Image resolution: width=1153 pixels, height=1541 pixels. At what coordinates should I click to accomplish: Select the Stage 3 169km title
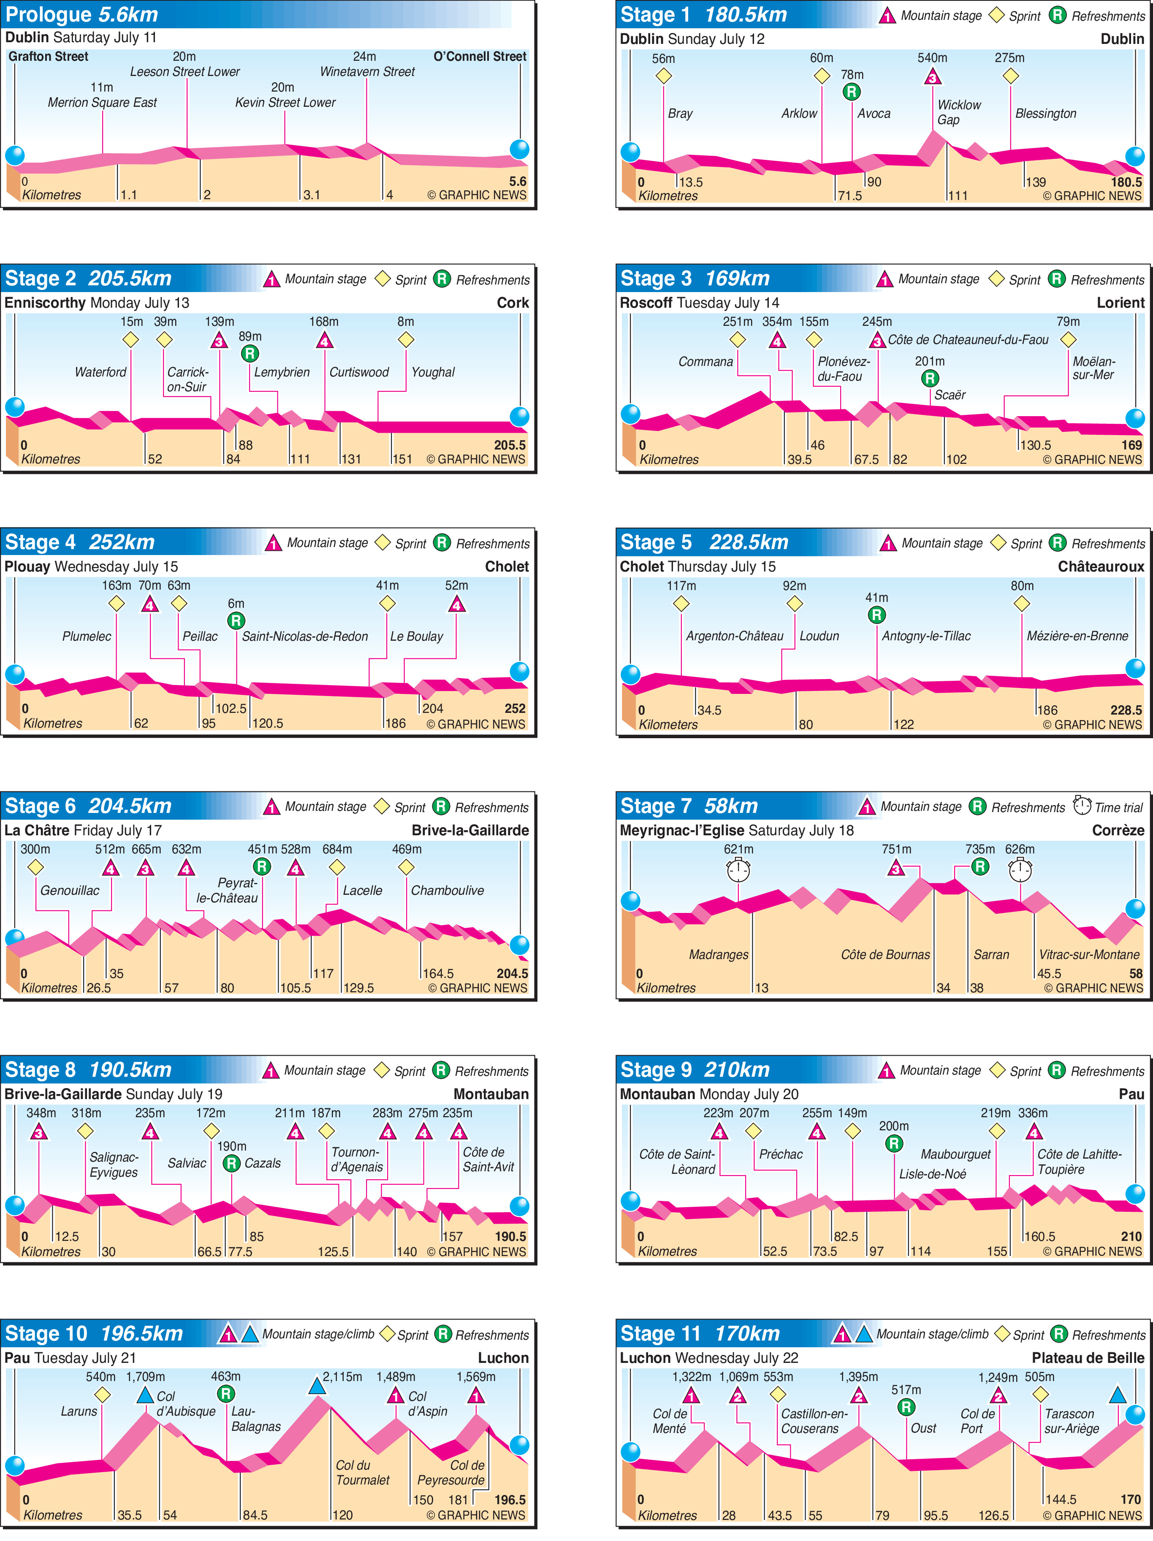(x=695, y=279)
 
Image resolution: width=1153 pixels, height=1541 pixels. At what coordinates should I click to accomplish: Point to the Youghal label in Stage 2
(x=433, y=372)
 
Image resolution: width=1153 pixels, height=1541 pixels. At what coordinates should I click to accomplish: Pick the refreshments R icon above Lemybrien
(x=250, y=354)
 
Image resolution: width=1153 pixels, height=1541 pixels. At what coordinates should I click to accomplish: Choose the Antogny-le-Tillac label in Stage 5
(x=926, y=636)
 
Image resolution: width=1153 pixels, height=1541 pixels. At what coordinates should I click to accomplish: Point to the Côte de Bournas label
(x=885, y=954)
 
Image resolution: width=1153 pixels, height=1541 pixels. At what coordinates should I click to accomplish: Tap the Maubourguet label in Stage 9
(x=955, y=1154)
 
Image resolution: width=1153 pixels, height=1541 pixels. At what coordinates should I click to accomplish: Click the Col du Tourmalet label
(x=362, y=1472)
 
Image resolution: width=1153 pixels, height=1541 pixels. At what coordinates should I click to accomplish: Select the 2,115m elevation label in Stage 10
(x=342, y=1376)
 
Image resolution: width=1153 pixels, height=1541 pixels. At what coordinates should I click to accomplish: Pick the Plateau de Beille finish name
(x=1088, y=1358)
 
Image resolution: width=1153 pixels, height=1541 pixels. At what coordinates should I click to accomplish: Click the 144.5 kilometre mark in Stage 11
(x=1061, y=1499)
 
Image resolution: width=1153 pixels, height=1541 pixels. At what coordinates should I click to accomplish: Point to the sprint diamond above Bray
(x=663, y=76)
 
